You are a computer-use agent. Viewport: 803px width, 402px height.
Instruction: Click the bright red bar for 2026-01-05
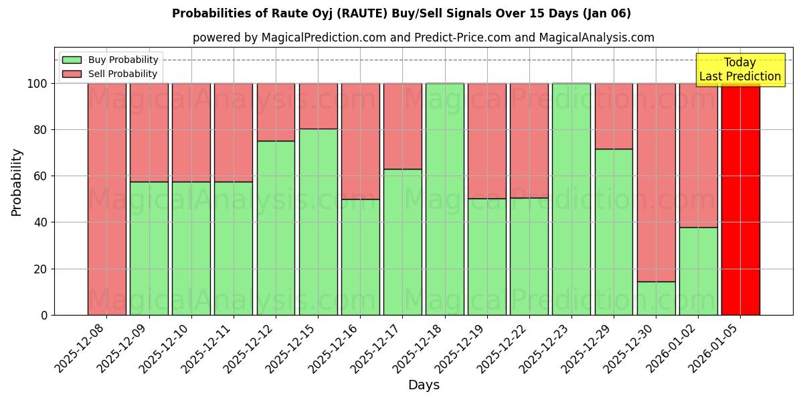pyautogui.click(x=740, y=199)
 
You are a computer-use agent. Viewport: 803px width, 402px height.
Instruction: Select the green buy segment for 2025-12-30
pyautogui.click(x=656, y=298)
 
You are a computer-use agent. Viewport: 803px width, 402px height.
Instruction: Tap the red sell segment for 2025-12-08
pyautogui.click(x=107, y=199)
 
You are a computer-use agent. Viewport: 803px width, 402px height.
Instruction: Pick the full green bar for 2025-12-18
pyautogui.click(x=444, y=199)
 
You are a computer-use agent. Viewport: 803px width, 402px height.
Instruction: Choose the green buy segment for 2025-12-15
pyautogui.click(x=318, y=222)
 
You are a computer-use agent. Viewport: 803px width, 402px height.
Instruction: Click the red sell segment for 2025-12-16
pyautogui.click(x=360, y=141)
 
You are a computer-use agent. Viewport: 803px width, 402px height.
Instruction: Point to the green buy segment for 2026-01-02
pyautogui.click(x=698, y=271)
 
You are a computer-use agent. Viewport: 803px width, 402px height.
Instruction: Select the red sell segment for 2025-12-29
pyautogui.click(x=614, y=116)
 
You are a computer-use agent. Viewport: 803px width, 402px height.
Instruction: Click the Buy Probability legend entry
pyautogui.click(x=110, y=60)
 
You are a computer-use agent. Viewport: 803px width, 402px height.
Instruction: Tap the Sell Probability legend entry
pyautogui.click(x=110, y=74)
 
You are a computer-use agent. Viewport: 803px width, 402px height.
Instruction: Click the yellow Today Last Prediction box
pyautogui.click(x=739, y=70)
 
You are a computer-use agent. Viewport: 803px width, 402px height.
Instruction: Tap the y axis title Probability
pyautogui.click(x=17, y=182)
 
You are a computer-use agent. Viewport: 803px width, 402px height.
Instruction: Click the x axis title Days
pyautogui.click(x=424, y=385)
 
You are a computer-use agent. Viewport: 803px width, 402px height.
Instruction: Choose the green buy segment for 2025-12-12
pyautogui.click(x=276, y=228)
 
